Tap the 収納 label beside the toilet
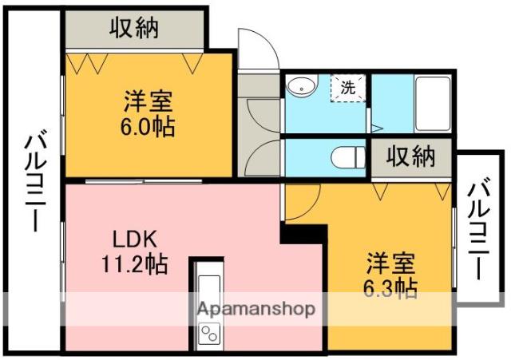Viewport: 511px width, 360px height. point(412,156)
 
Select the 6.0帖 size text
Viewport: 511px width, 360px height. point(149,127)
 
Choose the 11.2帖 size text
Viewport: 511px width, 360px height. point(134,263)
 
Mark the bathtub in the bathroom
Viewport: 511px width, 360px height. point(434,104)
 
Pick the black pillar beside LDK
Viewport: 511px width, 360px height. point(303,232)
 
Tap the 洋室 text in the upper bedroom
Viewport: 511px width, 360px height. point(149,103)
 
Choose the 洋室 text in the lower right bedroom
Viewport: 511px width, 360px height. point(391,263)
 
